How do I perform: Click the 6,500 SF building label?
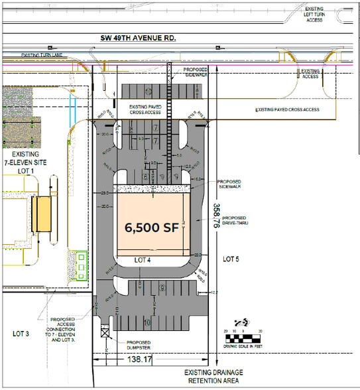151,226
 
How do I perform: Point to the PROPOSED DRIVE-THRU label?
235,222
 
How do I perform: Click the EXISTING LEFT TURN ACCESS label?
314,14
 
